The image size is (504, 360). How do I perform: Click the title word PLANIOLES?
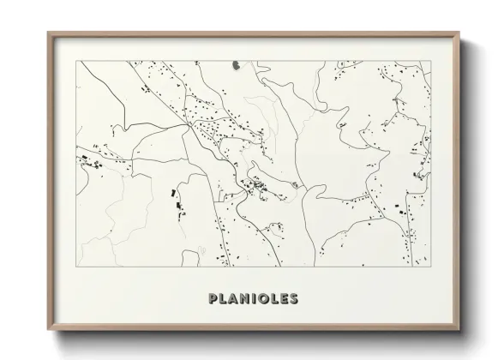pos(253,299)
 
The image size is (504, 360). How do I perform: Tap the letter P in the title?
pos(213,299)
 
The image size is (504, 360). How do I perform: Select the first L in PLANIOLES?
pos(223,299)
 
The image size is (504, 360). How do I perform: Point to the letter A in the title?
pos(234,299)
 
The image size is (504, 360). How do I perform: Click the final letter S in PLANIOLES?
pos(295,299)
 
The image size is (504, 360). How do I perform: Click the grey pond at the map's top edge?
pos(235,63)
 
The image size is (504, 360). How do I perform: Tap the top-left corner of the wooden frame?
pos(47,32)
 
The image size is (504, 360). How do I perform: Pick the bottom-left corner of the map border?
pos(78,268)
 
